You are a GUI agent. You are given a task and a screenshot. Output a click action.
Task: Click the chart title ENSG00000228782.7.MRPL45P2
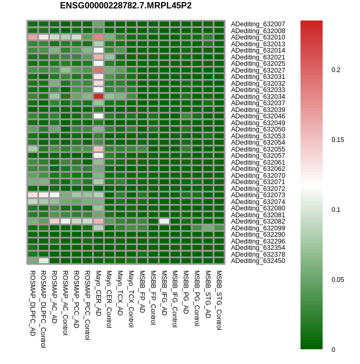point(126,6)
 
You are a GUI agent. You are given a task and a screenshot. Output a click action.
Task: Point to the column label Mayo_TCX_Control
point(131,300)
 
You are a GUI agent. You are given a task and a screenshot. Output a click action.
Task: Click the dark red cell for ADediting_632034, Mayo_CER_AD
point(98,96)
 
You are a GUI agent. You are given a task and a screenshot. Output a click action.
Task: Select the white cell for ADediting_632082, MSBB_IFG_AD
point(164,221)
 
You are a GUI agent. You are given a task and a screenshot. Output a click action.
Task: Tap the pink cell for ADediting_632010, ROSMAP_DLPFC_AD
point(33,37)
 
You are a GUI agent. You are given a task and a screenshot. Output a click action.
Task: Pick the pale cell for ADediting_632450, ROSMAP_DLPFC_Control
point(44,260)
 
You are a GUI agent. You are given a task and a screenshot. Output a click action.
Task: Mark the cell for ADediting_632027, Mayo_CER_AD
point(98,70)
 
